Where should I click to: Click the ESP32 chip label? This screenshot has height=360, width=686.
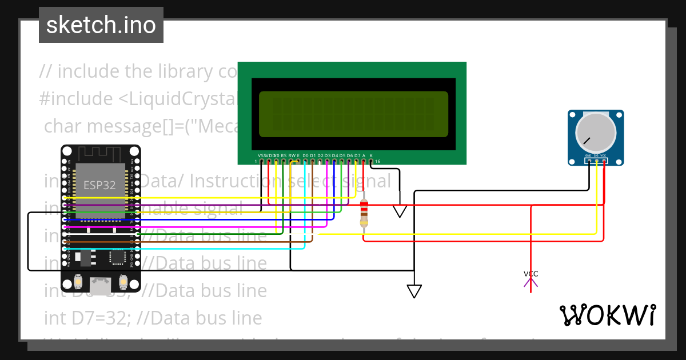[99, 185]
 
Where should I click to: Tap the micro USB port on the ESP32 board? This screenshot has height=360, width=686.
[101, 285]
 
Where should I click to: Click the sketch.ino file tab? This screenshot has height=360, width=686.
[101, 25]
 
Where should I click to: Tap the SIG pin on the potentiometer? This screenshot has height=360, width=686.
[596, 161]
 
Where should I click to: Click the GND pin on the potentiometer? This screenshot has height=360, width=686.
[588, 161]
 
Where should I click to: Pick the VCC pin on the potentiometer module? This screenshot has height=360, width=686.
[604, 161]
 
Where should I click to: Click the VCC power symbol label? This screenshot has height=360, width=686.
[531, 274]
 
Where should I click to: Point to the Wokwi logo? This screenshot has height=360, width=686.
[607, 315]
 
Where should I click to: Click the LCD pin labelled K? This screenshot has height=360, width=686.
[371, 162]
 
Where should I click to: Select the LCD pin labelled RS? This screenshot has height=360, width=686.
[284, 162]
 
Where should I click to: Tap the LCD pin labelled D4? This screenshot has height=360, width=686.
[334, 162]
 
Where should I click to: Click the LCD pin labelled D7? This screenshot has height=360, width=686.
[357, 162]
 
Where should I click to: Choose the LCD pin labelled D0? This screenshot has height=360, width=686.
[305, 162]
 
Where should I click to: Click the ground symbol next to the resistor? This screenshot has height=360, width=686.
[400, 211]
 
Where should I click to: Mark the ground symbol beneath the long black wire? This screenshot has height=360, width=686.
[414, 291]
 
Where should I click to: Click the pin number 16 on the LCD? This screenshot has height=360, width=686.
[377, 162]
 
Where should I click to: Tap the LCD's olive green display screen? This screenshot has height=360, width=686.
[353, 114]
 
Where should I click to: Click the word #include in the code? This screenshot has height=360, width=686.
[76, 99]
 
